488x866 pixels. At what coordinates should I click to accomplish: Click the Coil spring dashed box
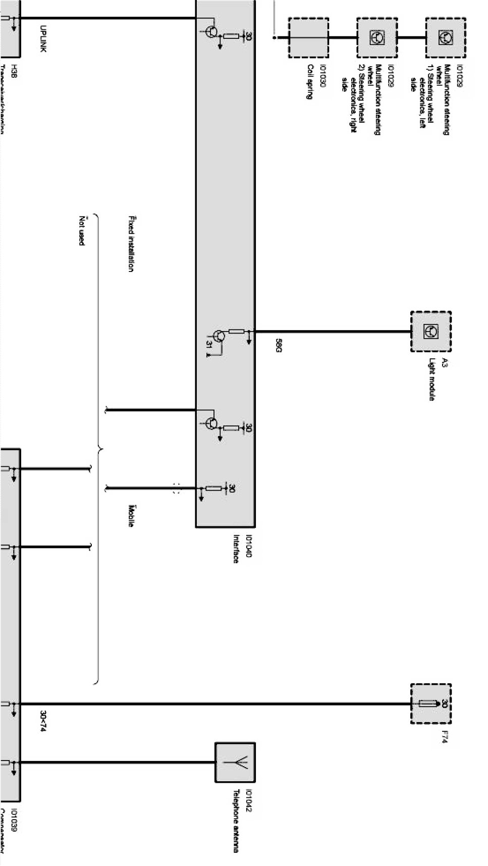[x=308, y=38]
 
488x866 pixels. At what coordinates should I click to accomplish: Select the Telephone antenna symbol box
[x=235, y=763]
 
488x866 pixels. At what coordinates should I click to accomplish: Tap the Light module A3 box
[x=430, y=331]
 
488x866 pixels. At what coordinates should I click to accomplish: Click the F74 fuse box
[x=430, y=703]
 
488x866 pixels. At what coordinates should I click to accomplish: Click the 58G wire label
[x=278, y=346]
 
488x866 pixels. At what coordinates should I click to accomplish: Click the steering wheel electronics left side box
[x=445, y=38]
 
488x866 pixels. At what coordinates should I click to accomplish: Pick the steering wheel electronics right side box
[x=376, y=38]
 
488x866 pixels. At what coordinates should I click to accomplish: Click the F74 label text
[x=445, y=737]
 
